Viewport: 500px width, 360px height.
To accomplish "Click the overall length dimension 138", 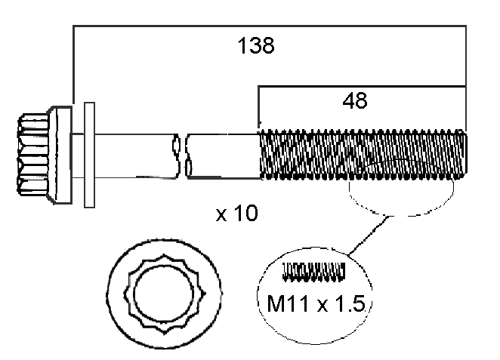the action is point(256,45).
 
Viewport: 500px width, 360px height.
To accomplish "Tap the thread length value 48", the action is point(355,100).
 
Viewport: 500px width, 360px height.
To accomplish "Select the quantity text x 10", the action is point(236,213).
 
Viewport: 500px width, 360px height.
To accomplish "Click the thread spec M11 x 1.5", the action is point(316,303).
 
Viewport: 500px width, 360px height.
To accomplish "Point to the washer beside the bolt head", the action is point(89,155).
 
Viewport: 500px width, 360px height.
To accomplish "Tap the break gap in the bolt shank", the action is point(181,155).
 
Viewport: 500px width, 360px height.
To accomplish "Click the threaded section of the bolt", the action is point(363,155).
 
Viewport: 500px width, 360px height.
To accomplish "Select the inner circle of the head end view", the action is point(163,295).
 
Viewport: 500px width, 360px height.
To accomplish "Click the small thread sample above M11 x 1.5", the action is point(314,272).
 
